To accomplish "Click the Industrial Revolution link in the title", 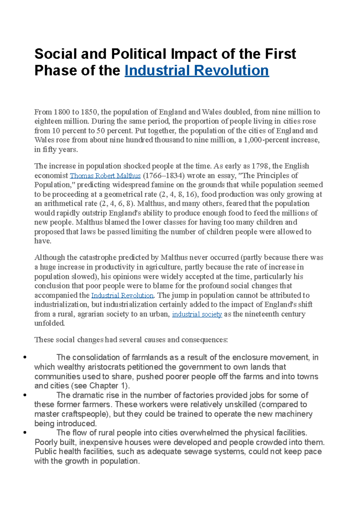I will (196, 71).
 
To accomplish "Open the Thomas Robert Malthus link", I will (105, 176).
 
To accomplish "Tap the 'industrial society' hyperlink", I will (197, 314).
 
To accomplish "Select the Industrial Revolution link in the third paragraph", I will (122, 296).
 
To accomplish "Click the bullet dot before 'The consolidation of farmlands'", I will (25, 357).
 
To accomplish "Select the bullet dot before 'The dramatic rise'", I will (25, 395).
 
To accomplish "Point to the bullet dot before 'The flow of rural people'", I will (25, 433).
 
